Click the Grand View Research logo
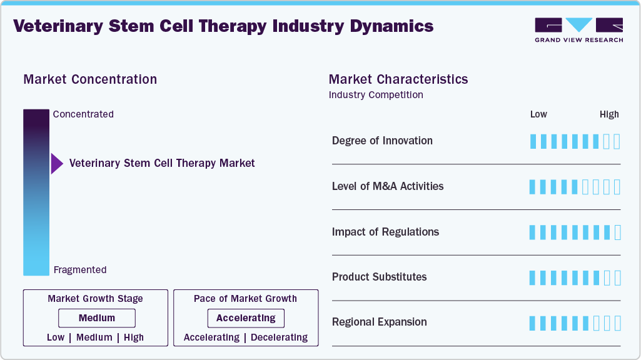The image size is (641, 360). tap(578, 29)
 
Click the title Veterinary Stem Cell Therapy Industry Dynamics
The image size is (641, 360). tap(223, 26)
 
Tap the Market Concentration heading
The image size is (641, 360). tap(90, 79)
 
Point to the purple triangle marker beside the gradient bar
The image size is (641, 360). tap(57, 164)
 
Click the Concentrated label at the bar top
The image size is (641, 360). tap(83, 114)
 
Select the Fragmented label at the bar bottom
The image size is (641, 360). tap(80, 270)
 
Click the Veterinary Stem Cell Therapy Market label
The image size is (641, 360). tap(162, 163)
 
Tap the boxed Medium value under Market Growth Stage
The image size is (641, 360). tap(97, 318)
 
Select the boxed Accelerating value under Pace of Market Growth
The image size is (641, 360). tap(246, 318)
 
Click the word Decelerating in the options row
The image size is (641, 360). tap(279, 337)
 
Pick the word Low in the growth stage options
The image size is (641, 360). tap(56, 337)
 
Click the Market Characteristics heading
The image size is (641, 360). tap(398, 79)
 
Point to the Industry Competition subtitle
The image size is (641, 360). tap(376, 95)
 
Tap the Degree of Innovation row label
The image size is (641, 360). tap(382, 141)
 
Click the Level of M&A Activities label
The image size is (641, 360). tap(388, 186)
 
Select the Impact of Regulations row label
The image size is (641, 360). tap(385, 232)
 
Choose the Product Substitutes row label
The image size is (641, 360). tap(379, 277)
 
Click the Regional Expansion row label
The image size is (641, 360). tap(379, 322)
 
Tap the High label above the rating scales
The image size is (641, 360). tap(608, 114)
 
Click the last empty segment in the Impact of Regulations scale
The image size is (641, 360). tap(618, 232)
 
